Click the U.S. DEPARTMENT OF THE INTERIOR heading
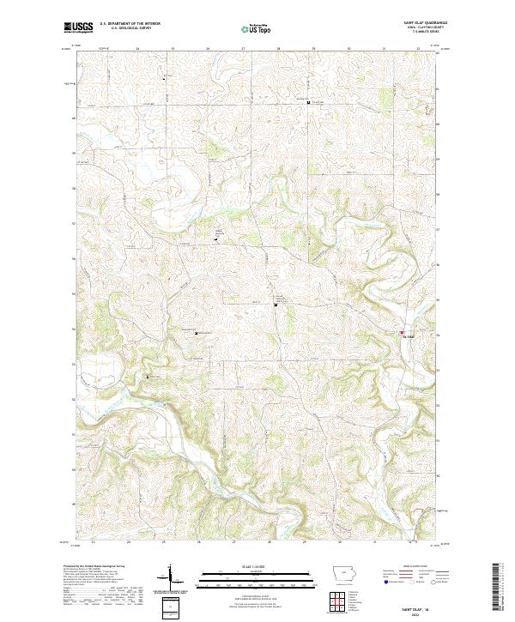click(x=130, y=23)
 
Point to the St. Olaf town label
click(x=409, y=336)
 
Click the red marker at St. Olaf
click(x=401, y=332)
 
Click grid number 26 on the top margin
click(x=208, y=48)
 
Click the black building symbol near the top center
click(x=308, y=101)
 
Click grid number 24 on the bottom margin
click(x=128, y=542)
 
